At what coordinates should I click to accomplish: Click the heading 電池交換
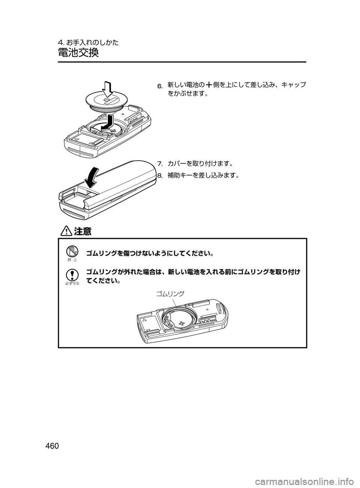(x=78, y=52)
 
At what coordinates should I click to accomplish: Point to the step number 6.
(x=160, y=87)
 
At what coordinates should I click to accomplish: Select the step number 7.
(x=160, y=164)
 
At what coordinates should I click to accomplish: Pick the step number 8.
(x=160, y=175)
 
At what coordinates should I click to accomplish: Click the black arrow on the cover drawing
(x=92, y=178)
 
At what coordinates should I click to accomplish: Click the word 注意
(x=82, y=232)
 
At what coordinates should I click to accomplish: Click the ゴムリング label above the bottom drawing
(x=170, y=294)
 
